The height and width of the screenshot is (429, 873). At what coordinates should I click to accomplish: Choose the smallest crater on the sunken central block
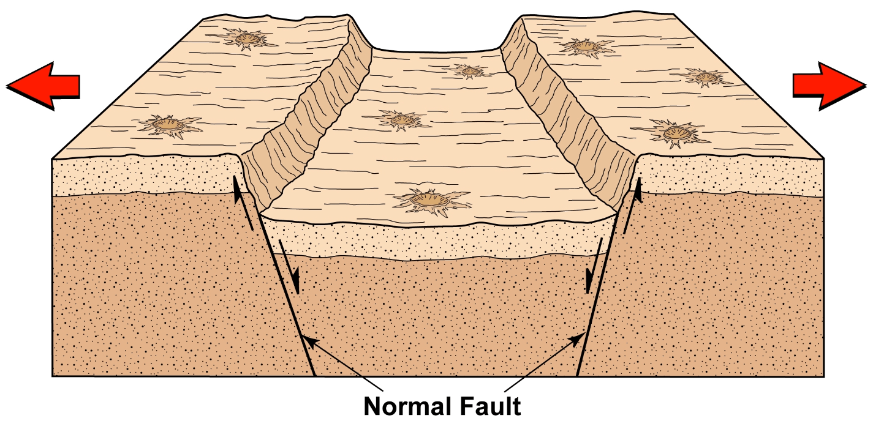pos(471,71)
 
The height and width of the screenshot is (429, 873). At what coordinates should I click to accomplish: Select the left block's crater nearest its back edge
pos(246,40)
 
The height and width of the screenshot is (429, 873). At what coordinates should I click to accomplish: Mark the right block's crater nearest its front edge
pos(673,132)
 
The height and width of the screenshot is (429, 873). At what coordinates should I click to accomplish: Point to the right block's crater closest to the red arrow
pos(705,77)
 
